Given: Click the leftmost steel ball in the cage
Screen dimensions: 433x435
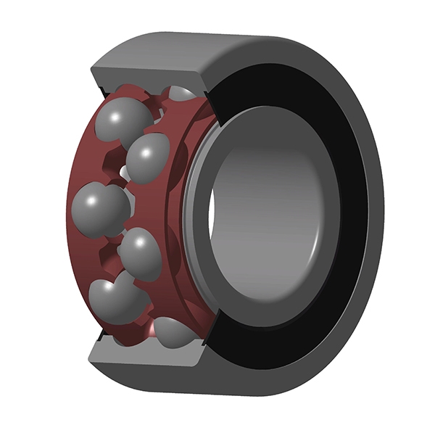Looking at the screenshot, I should point(100,208).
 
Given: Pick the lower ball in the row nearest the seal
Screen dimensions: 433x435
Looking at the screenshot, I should point(140,254).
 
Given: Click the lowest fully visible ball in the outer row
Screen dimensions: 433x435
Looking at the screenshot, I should point(116,299).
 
